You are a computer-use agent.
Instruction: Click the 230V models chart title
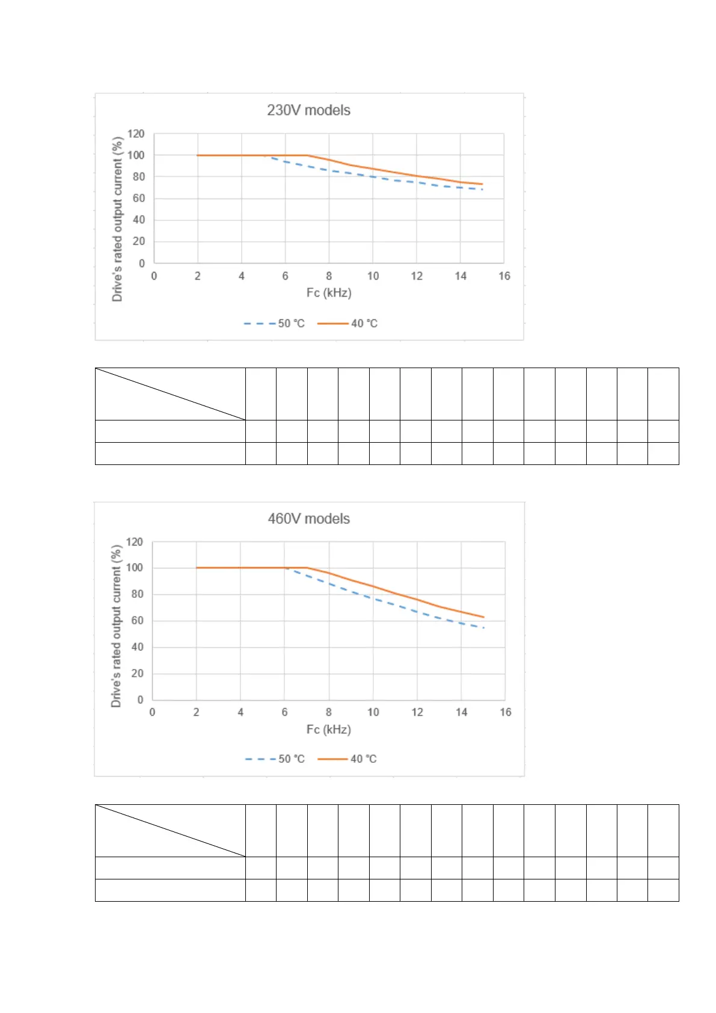point(308,110)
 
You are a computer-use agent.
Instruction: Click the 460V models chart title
point(308,519)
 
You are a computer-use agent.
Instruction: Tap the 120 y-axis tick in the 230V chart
point(136,134)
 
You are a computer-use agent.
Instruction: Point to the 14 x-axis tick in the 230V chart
point(461,276)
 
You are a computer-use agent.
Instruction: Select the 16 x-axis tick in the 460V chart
point(505,712)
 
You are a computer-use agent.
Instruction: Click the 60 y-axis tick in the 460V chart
point(137,620)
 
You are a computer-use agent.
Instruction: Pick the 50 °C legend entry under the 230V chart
point(275,324)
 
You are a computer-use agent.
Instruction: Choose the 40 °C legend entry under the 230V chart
point(347,324)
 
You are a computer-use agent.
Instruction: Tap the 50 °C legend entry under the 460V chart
point(275,759)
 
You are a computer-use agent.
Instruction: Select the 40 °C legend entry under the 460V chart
point(347,759)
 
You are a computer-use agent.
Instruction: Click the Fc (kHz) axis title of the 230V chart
point(328,293)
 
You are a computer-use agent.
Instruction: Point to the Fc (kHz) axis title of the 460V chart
point(328,730)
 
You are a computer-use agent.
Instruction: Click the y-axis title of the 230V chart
point(117,219)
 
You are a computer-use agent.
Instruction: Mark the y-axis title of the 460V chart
point(116,626)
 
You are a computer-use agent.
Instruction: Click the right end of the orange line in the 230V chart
point(482,184)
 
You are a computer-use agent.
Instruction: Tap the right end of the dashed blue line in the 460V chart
point(483,628)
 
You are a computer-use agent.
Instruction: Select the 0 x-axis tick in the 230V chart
point(154,276)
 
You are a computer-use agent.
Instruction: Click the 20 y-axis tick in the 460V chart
point(137,673)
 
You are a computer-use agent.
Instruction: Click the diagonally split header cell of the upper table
point(170,394)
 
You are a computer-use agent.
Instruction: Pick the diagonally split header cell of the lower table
point(170,831)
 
